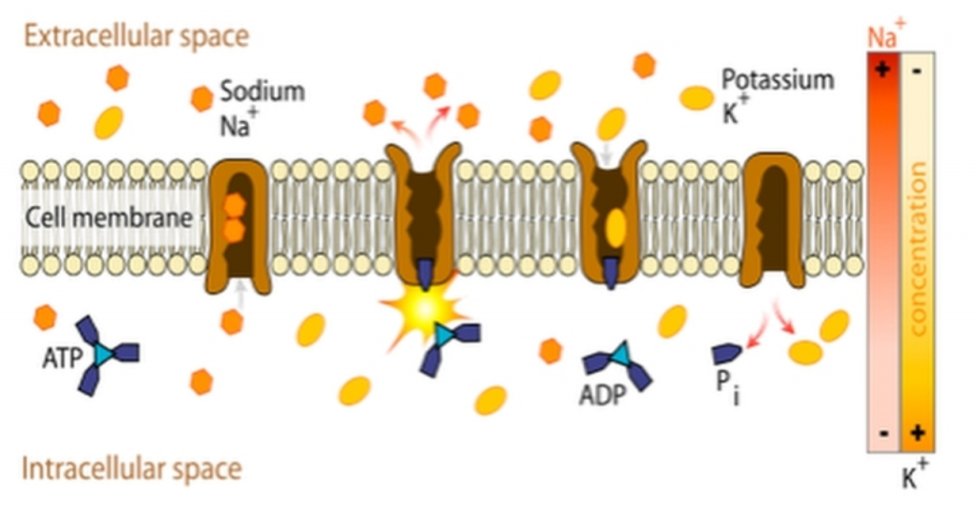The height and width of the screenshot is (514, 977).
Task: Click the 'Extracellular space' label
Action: coord(136,36)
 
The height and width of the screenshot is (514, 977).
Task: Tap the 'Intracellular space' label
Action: coord(132,468)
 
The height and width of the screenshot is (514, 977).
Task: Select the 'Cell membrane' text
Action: coord(109,218)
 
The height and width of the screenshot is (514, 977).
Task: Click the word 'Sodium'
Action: coord(262,91)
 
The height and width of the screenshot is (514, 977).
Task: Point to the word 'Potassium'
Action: coord(778,81)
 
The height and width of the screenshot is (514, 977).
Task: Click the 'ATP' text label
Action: coord(62,359)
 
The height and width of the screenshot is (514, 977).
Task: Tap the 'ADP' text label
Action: coord(602,395)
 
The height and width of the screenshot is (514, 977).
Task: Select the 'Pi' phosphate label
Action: coord(727,385)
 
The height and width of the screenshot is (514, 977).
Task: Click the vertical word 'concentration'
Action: coord(919,249)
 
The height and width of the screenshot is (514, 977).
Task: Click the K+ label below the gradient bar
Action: coord(915,475)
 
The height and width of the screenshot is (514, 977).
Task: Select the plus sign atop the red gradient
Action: coord(882,69)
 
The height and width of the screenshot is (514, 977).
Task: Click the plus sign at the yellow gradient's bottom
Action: coord(917,432)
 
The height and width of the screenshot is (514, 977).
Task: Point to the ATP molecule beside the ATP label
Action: coord(105,355)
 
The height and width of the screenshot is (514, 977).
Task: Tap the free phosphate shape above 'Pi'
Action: coord(726,353)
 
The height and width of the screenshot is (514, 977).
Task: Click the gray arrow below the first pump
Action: coord(239,294)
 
